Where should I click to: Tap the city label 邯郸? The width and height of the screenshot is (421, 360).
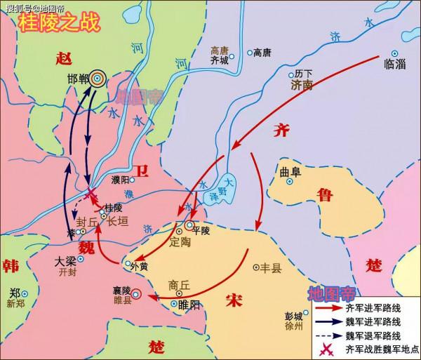coord(78,79)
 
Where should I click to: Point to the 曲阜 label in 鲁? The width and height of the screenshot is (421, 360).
coord(289,171)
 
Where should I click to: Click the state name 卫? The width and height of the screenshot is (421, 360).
coord(142,169)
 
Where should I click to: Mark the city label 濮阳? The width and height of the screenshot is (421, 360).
coord(119,180)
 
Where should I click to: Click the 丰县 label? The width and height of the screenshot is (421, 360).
coord(269,268)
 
